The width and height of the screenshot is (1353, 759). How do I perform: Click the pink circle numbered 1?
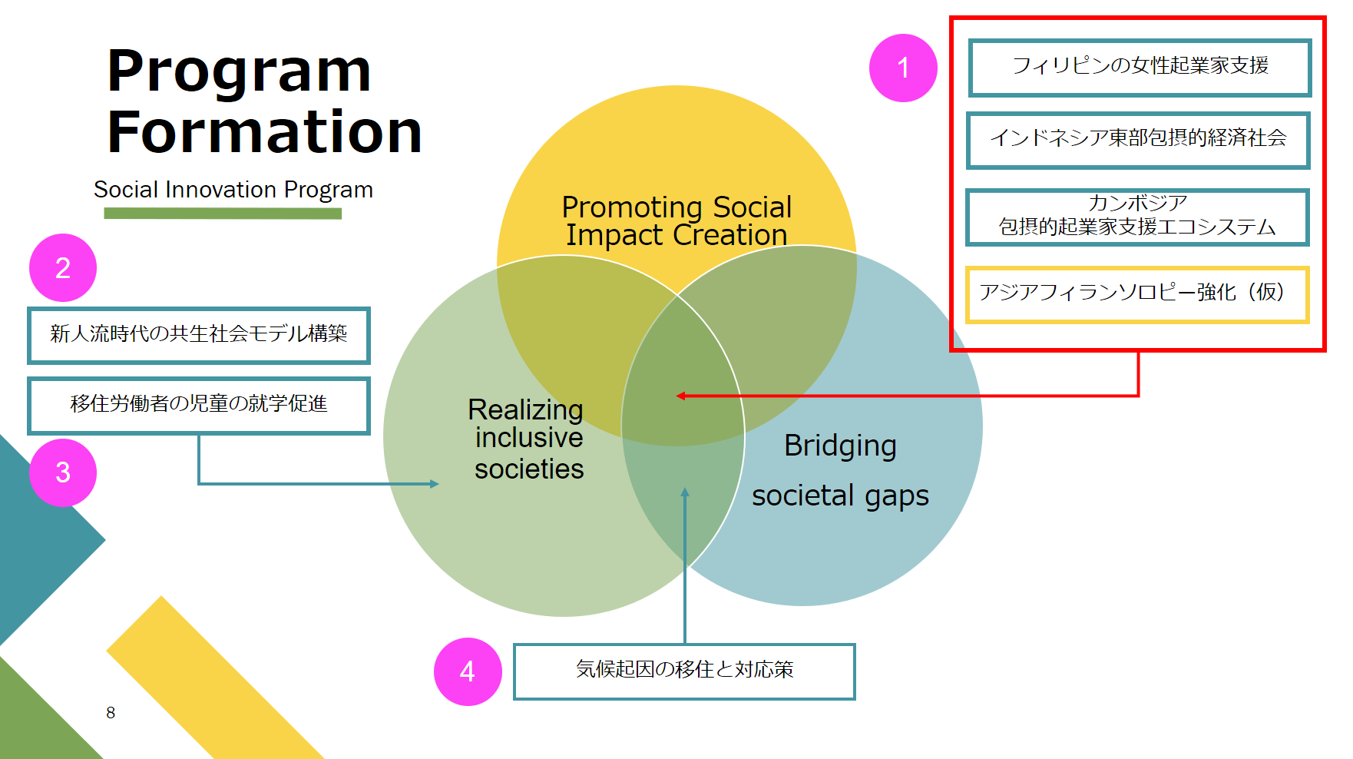pyautogui.click(x=903, y=68)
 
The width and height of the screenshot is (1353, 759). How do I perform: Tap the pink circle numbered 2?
pyautogui.click(x=63, y=267)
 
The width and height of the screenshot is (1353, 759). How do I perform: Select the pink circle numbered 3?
pyautogui.click(x=63, y=472)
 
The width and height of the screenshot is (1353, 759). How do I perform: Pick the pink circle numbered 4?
pyautogui.click(x=468, y=671)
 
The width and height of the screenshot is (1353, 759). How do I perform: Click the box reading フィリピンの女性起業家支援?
pyautogui.click(x=1140, y=68)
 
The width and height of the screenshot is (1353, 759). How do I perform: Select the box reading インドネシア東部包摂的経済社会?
pyautogui.click(x=1138, y=141)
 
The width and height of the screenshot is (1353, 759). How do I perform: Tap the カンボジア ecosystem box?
pyautogui.click(x=1137, y=217)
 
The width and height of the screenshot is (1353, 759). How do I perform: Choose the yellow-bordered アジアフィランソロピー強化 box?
pyautogui.click(x=1136, y=295)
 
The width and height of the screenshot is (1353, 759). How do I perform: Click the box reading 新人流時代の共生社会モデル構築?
pyautogui.click(x=199, y=336)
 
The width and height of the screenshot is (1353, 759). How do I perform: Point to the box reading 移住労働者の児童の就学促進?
pyautogui.click(x=199, y=406)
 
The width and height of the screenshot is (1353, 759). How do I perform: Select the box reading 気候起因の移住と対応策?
pyautogui.click(x=684, y=671)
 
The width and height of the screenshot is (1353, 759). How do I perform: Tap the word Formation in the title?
pyautogui.click(x=265, y=132)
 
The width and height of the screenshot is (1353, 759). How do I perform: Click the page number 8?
pyautogui.click(x=111, y=713)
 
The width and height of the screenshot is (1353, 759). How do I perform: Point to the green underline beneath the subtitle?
pyautogui.click(x=223, y=214)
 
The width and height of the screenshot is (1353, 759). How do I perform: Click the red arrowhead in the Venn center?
pyautogui.click(x=680, y=396)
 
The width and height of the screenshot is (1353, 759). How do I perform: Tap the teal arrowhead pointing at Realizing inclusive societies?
pyautogui.click(x=435, y=484)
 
